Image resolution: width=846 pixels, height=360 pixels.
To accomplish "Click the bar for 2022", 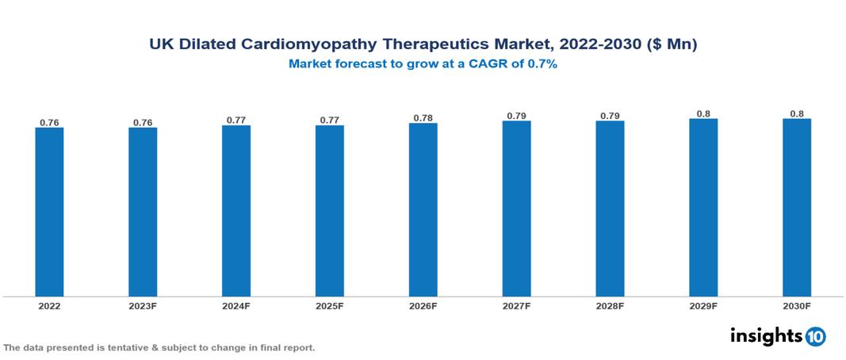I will pyautogui.click(x=49, y=212).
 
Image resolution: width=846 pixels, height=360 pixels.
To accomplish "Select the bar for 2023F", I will pyautogui.click(x=143, y=212).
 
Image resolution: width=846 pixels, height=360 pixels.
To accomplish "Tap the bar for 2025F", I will pyautogui.click(x=330, y=211).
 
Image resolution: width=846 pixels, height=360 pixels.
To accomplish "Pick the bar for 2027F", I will pyautogui.click(x=516, y=209).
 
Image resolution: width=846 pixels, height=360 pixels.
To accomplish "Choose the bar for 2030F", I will pyautogui.click(x=797, y=208).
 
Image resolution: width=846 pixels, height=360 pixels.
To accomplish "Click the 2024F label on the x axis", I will pyautogui.click(x=236, y=305).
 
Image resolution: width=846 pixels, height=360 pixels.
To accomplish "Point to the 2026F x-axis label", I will pyautogui.click(x=423, y=305).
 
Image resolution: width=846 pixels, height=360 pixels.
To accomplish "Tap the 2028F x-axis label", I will pyautogui.click(x=610, y=305).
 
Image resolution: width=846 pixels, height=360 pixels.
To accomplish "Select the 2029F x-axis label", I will pyautogui.click(x=703, y=305).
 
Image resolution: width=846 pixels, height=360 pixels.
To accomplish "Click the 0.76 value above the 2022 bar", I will pyautogui.click(x=49, y=123).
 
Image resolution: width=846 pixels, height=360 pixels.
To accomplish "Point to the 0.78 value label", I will pyautogui.click(x=423, y=118).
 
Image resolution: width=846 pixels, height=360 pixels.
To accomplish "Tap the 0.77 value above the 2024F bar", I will pyautogui.click(x=236, y=121).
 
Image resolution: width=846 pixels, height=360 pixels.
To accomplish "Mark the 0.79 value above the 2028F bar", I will pyautogui.click(x=610, y=117).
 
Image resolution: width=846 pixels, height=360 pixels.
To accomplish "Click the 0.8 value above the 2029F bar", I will pyautogui.click(x=703, y=114).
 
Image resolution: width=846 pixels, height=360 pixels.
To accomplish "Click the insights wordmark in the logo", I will pyautogui.click(x=765, y=335).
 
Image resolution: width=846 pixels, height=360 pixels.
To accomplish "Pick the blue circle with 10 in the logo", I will pyautogui.click(x=816, y=336).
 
